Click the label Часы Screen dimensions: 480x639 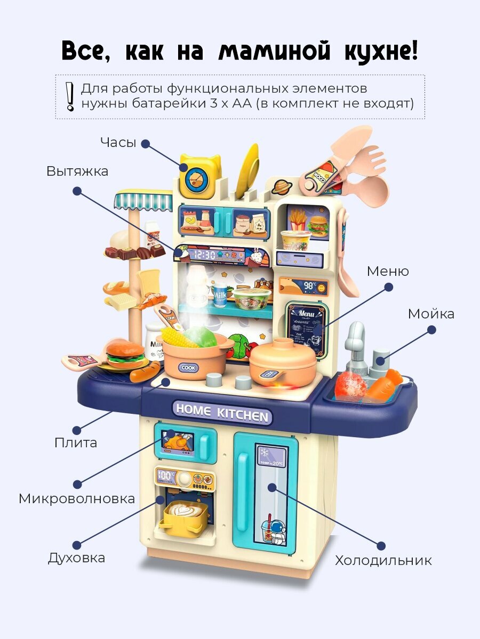[x=118, y=143]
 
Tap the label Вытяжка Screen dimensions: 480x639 [x=77, y=171]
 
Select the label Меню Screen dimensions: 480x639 [x=388, y=271]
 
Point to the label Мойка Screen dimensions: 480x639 [x=431, y=314]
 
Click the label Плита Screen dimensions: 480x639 [x=76, y=443]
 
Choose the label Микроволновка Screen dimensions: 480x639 [x=77, y=498]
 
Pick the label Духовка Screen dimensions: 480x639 [x=76, y=558]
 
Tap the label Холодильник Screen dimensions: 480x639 [x=383, y=560]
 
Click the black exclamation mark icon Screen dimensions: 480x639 [x=69, y=96]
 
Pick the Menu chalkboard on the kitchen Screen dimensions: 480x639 [x=306, y=329]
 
